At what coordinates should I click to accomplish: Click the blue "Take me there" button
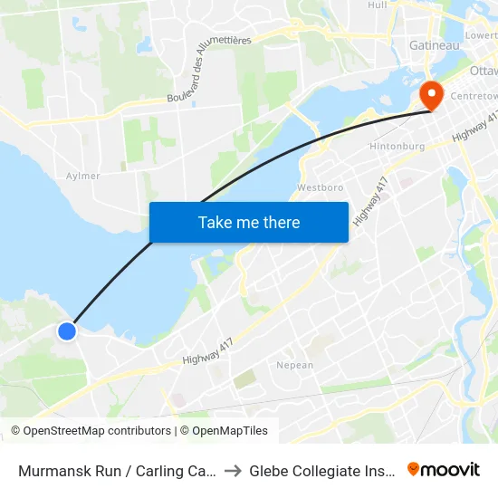tap(248, 222)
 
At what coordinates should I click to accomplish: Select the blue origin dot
tap(67, 331)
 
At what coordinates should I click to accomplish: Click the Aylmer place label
tap(83, 176)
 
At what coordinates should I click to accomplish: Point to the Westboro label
tap(319, 188)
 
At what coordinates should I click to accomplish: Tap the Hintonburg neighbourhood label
tap(397, 146)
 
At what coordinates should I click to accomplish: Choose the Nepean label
tap(294, 366)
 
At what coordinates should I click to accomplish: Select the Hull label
tap(378, 5)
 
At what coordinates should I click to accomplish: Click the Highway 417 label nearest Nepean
tap(207, 350)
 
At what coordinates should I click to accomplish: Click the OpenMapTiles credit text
tap(227, 431)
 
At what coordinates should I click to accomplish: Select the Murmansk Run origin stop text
tap(117, 470)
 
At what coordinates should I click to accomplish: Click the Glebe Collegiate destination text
tap(321, 470)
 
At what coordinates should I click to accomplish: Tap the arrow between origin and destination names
tap(232, 470)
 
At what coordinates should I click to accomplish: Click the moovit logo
tap(444, 469)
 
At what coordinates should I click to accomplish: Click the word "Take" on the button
tap(214, 222)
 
